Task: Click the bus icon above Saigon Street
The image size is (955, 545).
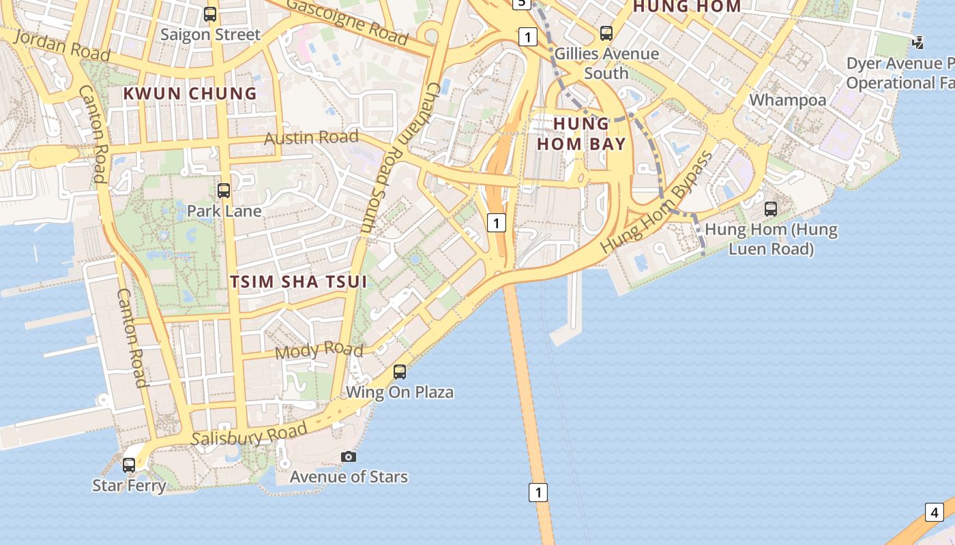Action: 210,14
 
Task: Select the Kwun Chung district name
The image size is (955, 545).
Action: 190,93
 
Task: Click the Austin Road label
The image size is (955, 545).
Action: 311,138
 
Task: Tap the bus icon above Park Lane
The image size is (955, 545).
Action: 223,191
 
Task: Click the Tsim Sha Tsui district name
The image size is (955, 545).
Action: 299,281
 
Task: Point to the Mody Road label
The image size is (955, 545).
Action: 319,350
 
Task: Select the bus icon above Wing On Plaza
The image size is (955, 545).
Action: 400,372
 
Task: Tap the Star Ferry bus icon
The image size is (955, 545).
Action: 129,465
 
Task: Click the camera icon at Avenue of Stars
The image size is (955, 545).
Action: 349,456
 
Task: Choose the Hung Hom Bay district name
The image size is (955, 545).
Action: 581,134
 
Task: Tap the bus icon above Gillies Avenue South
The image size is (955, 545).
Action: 606,33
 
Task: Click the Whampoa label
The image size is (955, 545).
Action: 787,100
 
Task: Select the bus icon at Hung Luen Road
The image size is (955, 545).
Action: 771,209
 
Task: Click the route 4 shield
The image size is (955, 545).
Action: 934,512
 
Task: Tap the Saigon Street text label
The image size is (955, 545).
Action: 210,35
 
